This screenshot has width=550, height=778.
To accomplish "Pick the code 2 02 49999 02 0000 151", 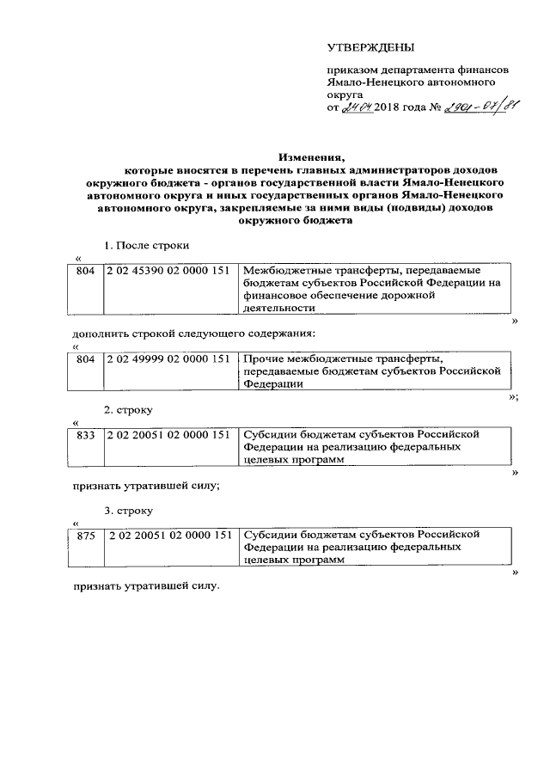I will tap(168, 358).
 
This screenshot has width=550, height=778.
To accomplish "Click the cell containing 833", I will tap(85, 434).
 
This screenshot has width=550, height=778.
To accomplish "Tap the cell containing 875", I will tap(85, 534).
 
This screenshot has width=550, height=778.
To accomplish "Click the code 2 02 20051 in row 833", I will tap(168, 434).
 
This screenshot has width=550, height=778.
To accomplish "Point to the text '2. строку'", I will tap(129, 411).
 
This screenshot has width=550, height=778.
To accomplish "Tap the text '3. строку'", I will tap(129, 511).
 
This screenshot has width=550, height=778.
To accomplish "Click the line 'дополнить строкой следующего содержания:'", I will tap(193, 331).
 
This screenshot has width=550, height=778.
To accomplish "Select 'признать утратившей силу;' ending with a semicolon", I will tap(145, 485).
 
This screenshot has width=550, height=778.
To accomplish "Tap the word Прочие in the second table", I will tap(263, 358).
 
